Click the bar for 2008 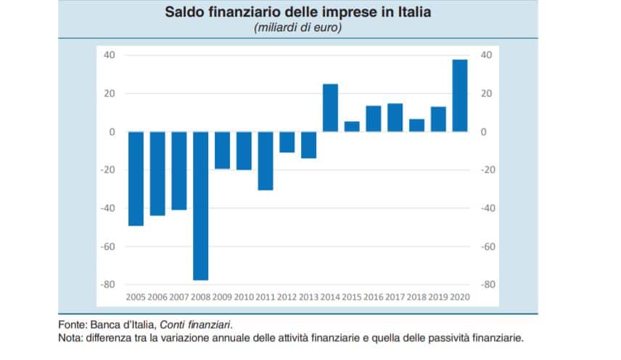coord(200,205)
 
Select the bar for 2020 coord(460,95)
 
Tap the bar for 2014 coord(330,107)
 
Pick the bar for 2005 coord(136,179)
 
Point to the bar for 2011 coord(266,160)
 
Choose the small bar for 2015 coord(352,126)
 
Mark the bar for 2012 coord(287,142)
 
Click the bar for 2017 coord(395,118)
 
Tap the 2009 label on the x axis coord(222,298)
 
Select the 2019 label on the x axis coord(438,298)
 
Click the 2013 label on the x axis coord(308,298)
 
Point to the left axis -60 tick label coord(109,247)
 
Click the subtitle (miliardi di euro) coord(297,28)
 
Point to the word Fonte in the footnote coord(72,324)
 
